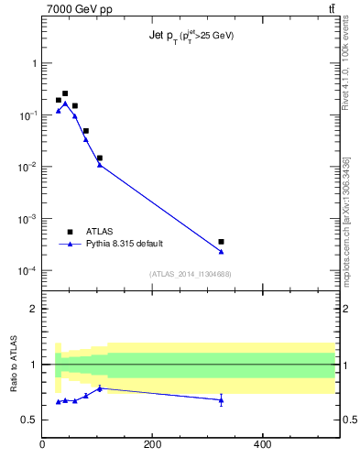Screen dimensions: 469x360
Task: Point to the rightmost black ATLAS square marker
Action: pos(221,242)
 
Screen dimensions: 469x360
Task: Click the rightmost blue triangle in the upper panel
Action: pos(221,251)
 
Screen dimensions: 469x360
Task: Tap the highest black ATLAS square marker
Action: pos(65,93)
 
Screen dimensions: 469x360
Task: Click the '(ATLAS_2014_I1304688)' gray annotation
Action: pos(189,274)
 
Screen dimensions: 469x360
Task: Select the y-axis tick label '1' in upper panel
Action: pos(33,64)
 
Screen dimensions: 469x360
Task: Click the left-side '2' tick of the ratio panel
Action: pos(34,309)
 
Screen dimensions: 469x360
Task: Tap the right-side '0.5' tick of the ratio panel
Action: pos(348,420)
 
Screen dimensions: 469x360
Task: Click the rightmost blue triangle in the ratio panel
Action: pos(221,400)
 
